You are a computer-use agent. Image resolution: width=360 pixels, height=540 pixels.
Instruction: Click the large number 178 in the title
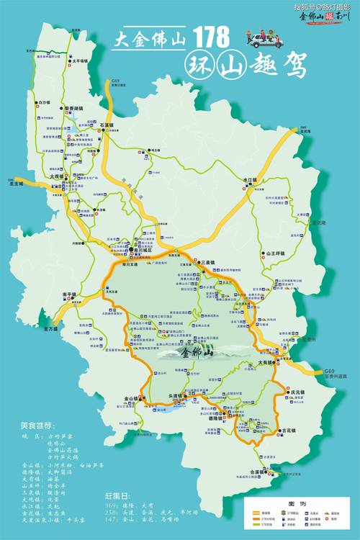pos(212,37)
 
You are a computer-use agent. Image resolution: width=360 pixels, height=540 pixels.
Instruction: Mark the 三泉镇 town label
pos(208,264)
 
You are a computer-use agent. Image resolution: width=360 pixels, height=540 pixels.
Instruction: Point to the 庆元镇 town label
pos(298,392)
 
